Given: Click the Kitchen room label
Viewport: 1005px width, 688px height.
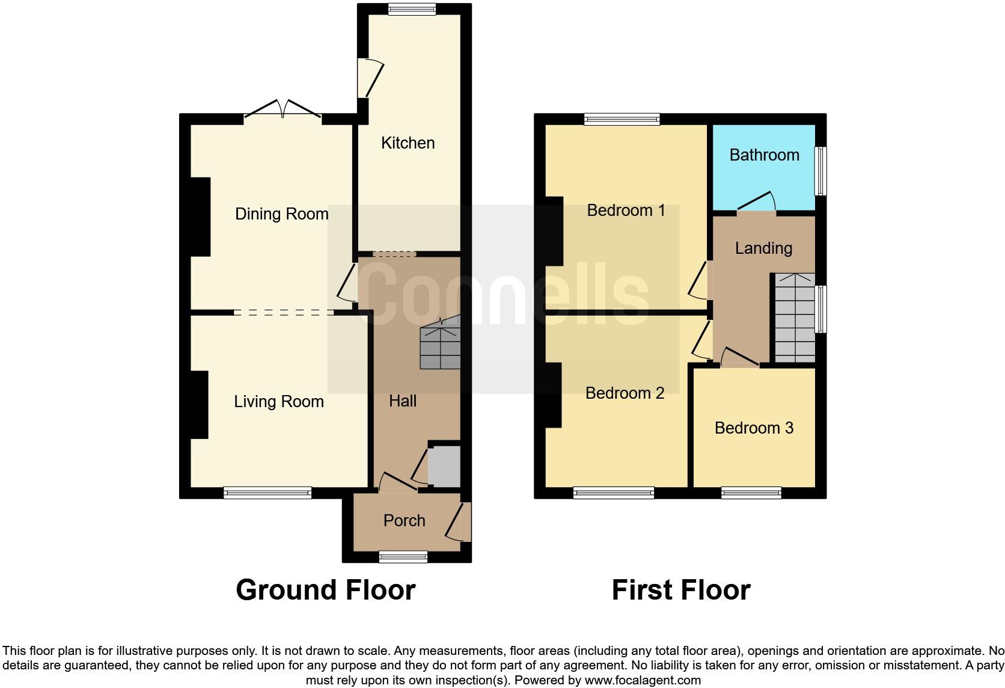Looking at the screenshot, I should pos(408,143).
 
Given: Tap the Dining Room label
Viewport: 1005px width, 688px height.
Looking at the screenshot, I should pos(281,214).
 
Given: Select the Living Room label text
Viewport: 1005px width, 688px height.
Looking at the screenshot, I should pos(278,402).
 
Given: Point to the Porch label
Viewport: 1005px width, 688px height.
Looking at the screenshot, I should pos(404,521).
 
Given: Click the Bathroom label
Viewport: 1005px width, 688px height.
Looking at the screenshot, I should pos(764,155).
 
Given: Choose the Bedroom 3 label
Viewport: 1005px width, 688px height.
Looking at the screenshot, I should pos(754,428).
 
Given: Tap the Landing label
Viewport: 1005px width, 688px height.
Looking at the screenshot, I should pos(763,248).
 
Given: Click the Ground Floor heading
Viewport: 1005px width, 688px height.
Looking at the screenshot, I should pos(325,590).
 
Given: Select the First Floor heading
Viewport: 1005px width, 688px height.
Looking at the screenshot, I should pos(681,590).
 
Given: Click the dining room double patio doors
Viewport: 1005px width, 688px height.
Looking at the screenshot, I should pos(283,111).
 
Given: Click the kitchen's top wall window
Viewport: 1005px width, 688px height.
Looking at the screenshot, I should pos(412,9).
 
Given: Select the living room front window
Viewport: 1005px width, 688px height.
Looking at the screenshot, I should pos(267,493).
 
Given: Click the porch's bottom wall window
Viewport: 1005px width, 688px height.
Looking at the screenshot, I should pos(403,557).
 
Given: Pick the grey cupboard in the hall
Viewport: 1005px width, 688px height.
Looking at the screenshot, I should pos(444,467).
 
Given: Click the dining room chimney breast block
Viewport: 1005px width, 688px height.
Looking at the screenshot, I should pos(200,217).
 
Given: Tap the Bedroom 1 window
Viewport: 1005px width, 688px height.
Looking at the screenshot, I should pos(622,119).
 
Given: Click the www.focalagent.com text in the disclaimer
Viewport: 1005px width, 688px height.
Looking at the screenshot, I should pos(643,681).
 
